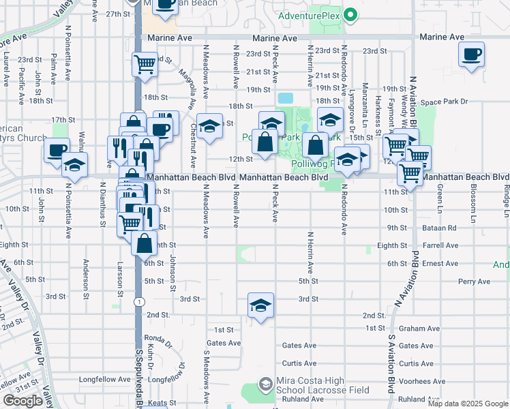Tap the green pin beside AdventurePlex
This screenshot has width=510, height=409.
[350, 14]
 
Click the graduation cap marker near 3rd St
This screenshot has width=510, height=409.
[260, 306]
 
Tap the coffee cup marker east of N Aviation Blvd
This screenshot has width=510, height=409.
[472, 55]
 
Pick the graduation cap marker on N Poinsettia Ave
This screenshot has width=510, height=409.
[75, 166]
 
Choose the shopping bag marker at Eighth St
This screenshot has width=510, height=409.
[145, 243]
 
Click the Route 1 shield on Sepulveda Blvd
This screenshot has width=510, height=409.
[138, 301]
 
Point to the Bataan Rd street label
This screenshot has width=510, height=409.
[442, 228]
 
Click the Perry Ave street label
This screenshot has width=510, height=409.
[474, 281]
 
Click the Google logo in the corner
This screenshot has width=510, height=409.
[22, 401]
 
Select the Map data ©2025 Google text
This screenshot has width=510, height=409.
[468, 404]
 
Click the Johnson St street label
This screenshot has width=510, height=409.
[174, 269]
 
